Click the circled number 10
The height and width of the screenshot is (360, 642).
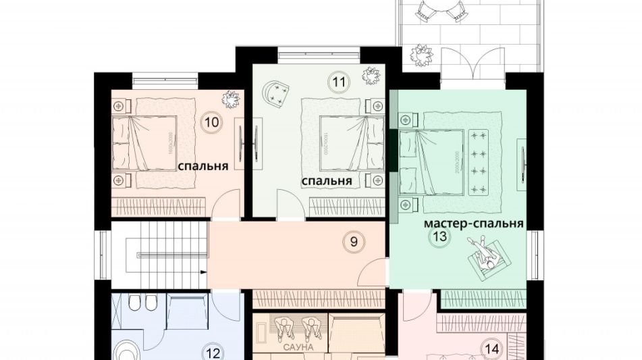coord(211,122)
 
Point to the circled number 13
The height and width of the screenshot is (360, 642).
coord(440,236)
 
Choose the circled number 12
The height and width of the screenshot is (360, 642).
coord(213,352)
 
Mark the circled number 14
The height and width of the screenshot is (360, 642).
coord(492,349)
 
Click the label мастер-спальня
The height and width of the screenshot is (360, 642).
coord(474,222)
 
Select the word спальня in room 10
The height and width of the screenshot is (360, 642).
coord(203,165)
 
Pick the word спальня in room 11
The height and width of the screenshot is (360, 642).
coord(327,181)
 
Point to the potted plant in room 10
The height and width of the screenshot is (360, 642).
coord(232,100)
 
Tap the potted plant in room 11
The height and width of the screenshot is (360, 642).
coord(370,76)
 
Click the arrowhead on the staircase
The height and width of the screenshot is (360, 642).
coord(203,272)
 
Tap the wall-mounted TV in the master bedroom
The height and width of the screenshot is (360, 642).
coord(523,160)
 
